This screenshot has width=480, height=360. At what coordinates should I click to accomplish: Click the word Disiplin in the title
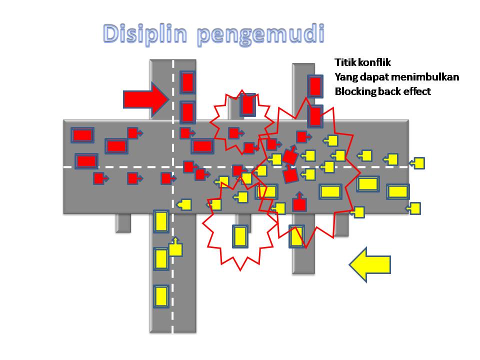pyautogui.click(x=144, y=34)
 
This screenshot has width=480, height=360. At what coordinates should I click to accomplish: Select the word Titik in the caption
pyautogui.click(x=344, y=63)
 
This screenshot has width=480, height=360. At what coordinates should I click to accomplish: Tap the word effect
pyautogui.click(x=417, y=91)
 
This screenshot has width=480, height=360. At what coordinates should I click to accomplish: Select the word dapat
pyautogui.click(x=373, y=77)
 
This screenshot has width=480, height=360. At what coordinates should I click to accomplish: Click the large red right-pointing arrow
pyautogui.click(x=145, y=98)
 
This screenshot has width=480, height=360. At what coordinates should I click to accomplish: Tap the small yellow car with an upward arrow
pyautogui.click(x=175, y=248)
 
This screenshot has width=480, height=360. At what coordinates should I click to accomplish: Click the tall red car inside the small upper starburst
pyautogui.click(x=247, y=104)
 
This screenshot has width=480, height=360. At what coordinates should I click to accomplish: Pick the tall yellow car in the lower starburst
pyautogui.click(x=240, y=236)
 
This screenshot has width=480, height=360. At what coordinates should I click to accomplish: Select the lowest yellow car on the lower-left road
pyautogui.click(x=161, y=296)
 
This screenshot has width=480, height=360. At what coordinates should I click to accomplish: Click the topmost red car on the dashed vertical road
pyautogui.click(x=187, y=82)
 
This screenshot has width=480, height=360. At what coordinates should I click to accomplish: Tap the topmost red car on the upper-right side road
pyautogui.click(x=314, y=86)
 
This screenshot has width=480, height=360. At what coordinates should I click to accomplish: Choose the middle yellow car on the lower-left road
pyautogui.click(x=161, y=258)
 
